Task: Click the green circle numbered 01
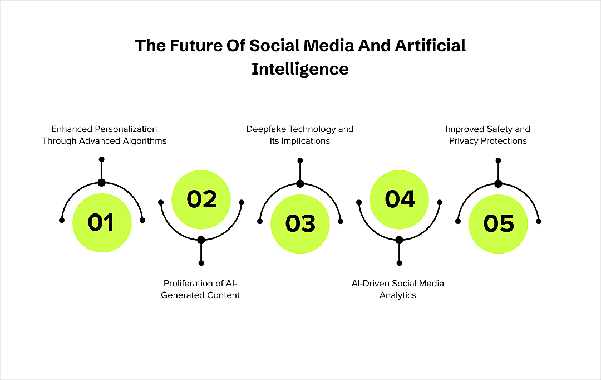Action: (102, 223)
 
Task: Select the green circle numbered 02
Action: (201, 199)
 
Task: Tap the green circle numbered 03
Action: (300, 223)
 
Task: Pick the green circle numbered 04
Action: (399, 199)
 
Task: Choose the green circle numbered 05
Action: (498, 223)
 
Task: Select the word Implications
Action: (306, 141)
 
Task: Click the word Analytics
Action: (398, 295)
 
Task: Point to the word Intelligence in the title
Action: (300, 69)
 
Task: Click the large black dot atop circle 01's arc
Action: (101, 183)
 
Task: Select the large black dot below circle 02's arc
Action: (201, 240)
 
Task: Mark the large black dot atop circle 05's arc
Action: (498, 183)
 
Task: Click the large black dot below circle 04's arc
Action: (399, 240)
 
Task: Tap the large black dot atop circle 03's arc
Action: (300, 183)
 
